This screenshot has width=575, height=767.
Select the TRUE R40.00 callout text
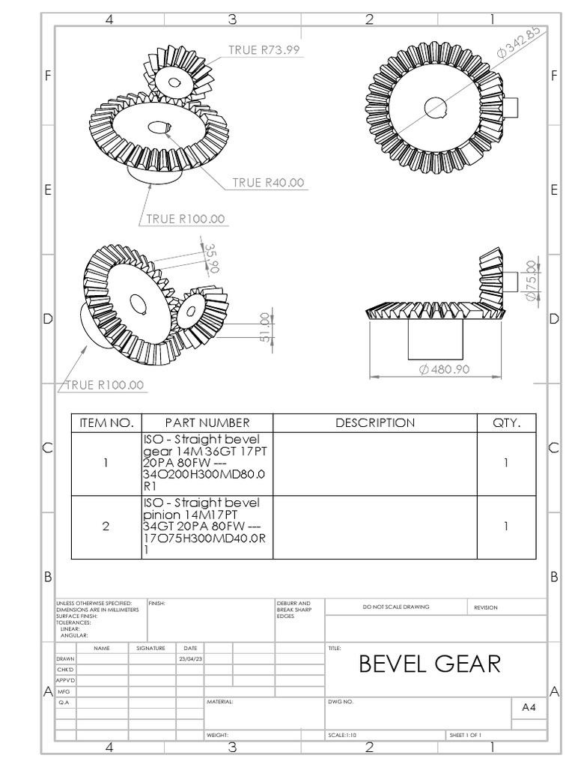coord(268,182)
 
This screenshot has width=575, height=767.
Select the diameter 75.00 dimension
coord(530,281)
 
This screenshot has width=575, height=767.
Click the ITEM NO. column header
coord(106,422)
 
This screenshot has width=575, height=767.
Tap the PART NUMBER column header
coord(207,422)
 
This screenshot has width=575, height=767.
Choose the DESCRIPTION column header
coord(374,422)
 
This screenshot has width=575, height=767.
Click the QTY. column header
coord(506,422)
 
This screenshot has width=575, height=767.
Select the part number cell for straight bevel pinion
coord(207,526)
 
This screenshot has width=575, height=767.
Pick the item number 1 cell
coord(106,463)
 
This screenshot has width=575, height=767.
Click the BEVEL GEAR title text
coord(430,664)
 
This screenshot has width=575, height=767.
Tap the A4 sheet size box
coord(529,706)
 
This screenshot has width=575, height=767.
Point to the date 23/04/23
coord(189,658)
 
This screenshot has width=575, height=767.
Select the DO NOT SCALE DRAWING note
coord(396,607)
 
